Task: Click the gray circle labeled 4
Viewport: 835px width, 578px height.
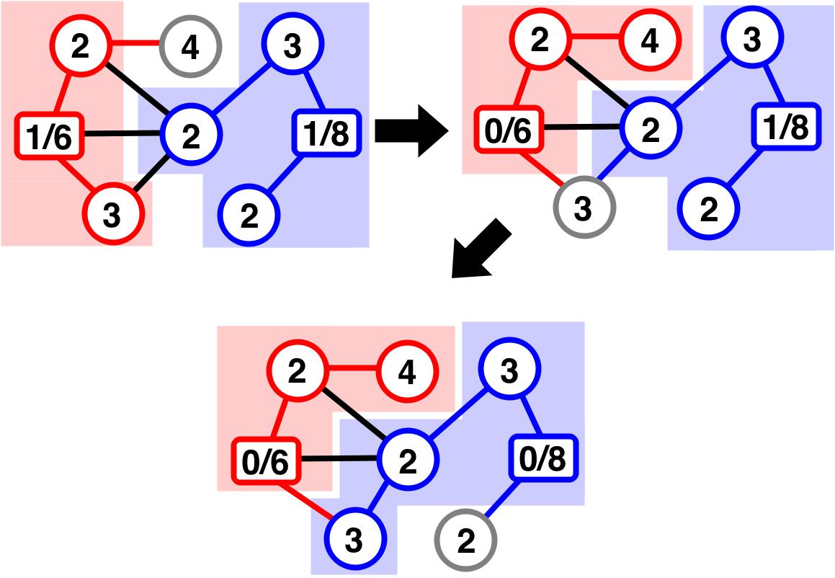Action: click(191, 48)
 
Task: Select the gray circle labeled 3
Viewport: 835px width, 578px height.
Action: click(583, 209)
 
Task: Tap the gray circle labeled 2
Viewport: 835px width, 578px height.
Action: click(466, 541)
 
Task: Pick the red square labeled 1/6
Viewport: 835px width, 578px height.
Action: click(48, 135)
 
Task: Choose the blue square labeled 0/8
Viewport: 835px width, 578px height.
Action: click(545, 459)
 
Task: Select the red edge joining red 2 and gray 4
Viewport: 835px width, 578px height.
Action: click(135, 48)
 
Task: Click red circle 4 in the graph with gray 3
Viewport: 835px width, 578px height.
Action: click(649, 42)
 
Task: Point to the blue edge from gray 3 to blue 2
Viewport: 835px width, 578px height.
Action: click(617, 170)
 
